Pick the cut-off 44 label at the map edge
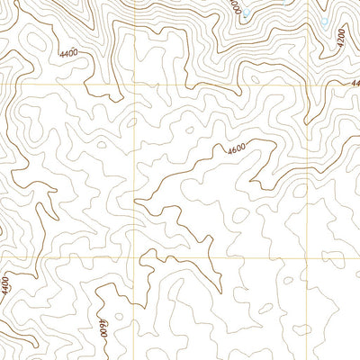point(355,84)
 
